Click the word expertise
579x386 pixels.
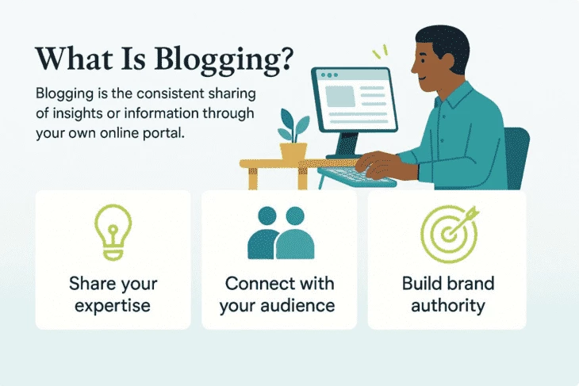click(x=113, y=305)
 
